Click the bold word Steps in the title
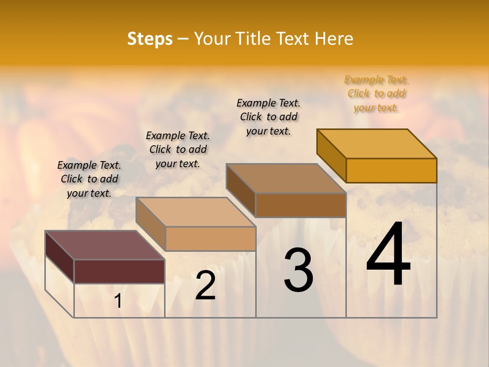tap(150, 39)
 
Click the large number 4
tap(388, 254)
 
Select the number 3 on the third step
tap(298, 270)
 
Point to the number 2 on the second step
tap(205, 285)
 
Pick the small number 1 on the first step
tap(118, 301)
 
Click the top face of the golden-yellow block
tap(377, 143)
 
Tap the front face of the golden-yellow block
tap(391, 170)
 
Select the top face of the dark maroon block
tap(104, 245)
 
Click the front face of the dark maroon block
tap(119, 271)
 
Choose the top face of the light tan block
tap(196, 212)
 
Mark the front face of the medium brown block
tap(301, 205)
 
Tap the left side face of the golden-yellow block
tap(331, 155)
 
